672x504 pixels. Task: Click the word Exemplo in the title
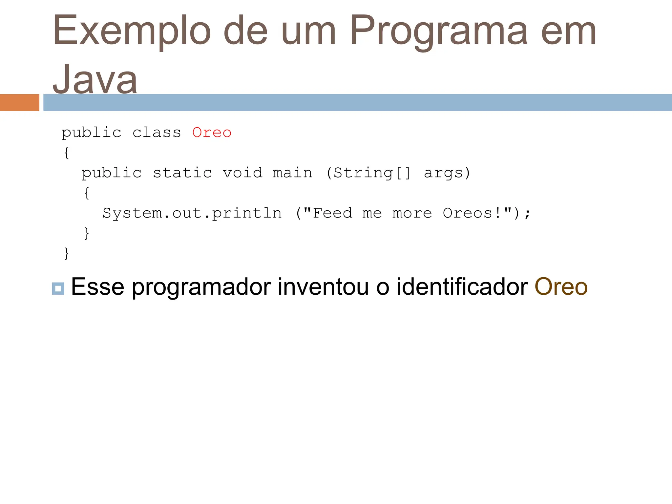tap(132, 31)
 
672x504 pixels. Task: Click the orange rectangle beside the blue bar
tap(19, 102)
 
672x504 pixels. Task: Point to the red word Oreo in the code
tap(212, 133)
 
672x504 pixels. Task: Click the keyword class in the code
tap(157, 133)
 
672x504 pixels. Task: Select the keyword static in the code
tap(182, 173)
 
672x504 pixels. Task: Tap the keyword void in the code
tap(242, 173)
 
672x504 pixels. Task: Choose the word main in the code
tap(292, 173)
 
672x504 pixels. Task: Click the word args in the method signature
tap(443, 173)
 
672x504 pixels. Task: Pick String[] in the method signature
tap(372, 173)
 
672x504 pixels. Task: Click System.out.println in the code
tap(192, 213)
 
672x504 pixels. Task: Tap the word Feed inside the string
tap(332, 213)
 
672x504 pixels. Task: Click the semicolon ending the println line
tap(527, 214)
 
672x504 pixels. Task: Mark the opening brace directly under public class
tap(67, 153)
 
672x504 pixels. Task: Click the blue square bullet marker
tap(58, 288)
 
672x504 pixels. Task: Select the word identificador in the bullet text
tap(462, 287)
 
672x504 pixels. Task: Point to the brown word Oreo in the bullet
tap(561, 287)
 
